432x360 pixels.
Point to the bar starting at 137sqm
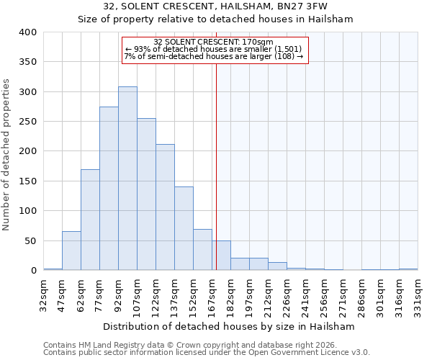(184, 228)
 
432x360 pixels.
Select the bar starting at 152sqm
(202, 250)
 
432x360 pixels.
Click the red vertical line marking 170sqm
(216, 166)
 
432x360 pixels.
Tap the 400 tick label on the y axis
(27, 32)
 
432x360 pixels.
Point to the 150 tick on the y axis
(27, 181)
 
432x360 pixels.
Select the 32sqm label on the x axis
(44, 293)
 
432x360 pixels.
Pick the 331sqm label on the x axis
(418, 293)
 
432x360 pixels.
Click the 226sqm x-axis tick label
(287, 293)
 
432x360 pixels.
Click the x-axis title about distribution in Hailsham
(229, 326)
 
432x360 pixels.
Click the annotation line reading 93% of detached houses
(215, 49)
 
